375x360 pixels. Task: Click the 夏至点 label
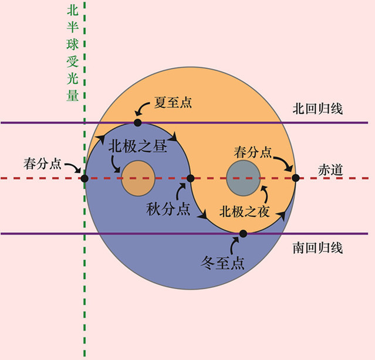click(x=173, y=103)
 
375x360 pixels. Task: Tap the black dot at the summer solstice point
click(x=137, y=123)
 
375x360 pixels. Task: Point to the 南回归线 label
click(x=317, y=248)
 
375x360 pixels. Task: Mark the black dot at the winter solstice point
click(x=243, y=233)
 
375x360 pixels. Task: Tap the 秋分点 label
click(x=168, y=209)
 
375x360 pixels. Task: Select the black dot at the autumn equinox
click(x=190, y=178)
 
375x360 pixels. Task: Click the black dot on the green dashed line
click(x=85, y=178)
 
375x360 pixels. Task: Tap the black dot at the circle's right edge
click(x=296, y=178)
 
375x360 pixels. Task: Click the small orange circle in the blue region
click(x=138, y=179)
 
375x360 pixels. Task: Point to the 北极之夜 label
click(x=245, y=212)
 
